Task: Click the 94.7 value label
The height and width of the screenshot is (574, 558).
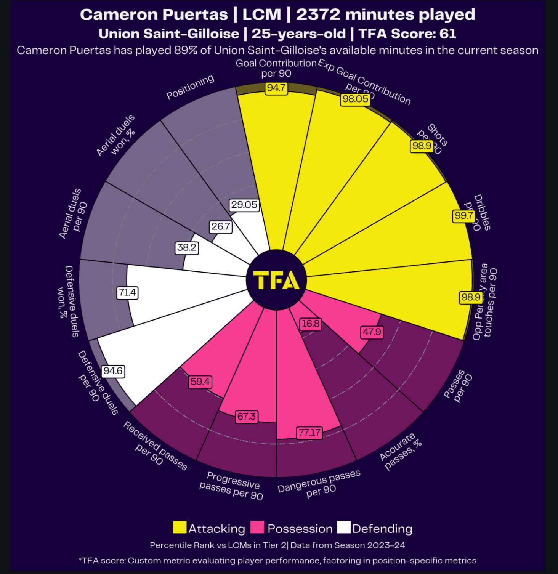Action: (x=276, y=88)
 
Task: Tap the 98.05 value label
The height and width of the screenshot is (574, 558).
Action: (x=355, y=99)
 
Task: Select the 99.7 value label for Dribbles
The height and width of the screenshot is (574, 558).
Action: (x=464, y=216)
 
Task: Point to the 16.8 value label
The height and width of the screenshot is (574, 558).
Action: (x=311, y=324)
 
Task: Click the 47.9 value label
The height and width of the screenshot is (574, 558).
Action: (x=372, y=332)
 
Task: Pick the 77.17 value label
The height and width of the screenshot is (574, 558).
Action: (x=309, y=433)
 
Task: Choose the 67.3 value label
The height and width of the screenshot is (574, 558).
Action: (x=247, y=416)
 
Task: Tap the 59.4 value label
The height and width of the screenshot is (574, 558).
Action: (x=200, y=382)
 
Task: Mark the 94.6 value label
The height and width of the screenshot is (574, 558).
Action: (x=113, y=371)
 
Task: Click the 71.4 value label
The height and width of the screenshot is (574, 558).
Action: (x=127, y=292)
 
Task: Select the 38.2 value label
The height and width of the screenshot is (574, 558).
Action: (x=187, y=248)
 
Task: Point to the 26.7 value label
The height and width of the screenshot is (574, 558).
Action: (x=221, y=227)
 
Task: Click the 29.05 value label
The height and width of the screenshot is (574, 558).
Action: (x=244, y=205)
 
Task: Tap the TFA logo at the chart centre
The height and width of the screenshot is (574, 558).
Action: (x=276, y=280)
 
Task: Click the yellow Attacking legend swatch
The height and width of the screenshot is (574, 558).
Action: (x=180, y=528)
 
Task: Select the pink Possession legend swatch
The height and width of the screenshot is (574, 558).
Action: (x=257, y=528)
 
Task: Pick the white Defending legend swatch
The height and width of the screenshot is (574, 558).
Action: (x=344, y=528)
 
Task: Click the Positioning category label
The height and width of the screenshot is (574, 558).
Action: (x=190, y=87)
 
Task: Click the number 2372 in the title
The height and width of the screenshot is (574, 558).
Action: (x=318, y=14)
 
